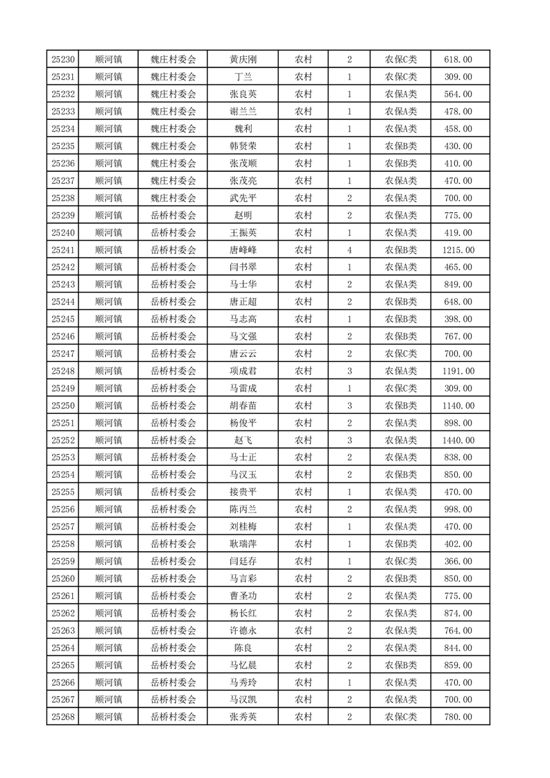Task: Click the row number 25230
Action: click(63, 60)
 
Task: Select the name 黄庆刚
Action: click(243, 60)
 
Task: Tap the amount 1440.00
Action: click(458, 440)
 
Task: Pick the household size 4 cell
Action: click(349, 250)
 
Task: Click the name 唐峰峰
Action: click(243, 250)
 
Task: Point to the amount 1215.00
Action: click(458, 250)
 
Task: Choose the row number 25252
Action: click(63, 440)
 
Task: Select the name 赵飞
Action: click(243, 440)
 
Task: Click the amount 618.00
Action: click(458, 60)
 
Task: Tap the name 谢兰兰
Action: click(243, 112)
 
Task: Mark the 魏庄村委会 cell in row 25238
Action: click(173, 198)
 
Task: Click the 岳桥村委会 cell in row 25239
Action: click(173, 216)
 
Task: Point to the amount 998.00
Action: click(458, 510)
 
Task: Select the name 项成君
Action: click(243, 371)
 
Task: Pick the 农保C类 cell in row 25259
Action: click(401, 562)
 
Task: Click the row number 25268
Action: click(63, 717)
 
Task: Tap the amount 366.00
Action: click(458, 562)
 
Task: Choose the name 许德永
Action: click(243, 630)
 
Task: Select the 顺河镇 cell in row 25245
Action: click(109, 319)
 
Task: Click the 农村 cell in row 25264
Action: click(303, 648)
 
